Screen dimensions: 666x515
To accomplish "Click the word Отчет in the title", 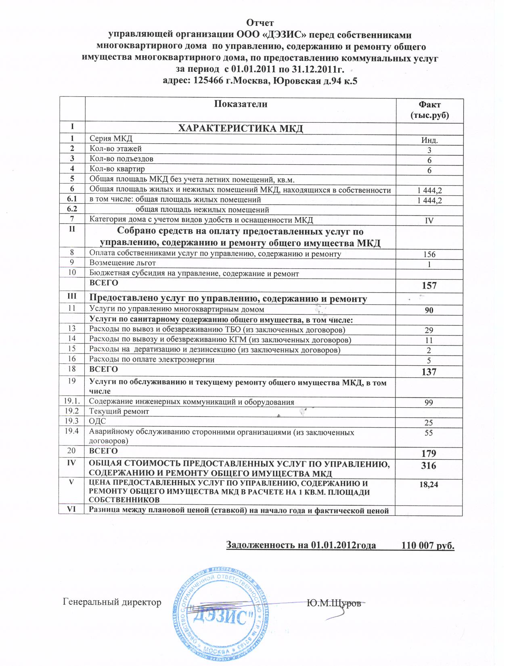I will pyautogui.click(x=260, y=23).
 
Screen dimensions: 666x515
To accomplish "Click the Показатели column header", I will pyautogui.click(x=241, y=104).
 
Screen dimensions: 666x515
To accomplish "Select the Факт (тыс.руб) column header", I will pyautogui.click(x=429, y=110).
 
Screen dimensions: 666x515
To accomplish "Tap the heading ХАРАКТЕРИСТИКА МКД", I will pyautogui.click(x=241, y=129).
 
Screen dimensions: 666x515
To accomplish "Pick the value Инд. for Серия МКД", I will pyautogui.click(x=429, y=140).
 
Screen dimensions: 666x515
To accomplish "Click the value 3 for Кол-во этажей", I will pyautogui.click(x=429, y=150).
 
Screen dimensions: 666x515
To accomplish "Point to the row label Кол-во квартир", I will pyautogui.click(x=117, y=169).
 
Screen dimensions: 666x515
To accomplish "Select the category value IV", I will pyautogui.click(x=429, y=221).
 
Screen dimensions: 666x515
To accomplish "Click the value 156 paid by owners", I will pyautogui.click(x=429, y=254).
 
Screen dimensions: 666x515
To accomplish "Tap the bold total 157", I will pyautogui.click(x=429, y=286).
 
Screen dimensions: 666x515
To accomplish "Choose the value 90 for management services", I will pyautogui.click(x=429, y=310).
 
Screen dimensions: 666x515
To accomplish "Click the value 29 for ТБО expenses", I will pyautogui.click(x=429, y=330).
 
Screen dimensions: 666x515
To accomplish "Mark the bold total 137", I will pyautogui.click(x=429, y=372).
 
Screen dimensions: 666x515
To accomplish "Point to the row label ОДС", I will pyautogui.click(x=97, y=421).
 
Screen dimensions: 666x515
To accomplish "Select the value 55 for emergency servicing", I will pyautogui.click(x=429, y=433).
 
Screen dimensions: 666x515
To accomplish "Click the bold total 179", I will pyautogui.click(x=429, y=454).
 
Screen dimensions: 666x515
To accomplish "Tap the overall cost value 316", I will pyautogui.click(x=429, y=465).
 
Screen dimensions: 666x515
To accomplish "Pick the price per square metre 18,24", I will pyautogui.click(x=429, y=484).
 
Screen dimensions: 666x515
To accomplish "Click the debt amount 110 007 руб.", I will pyautogui.click(x=428, y=545).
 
